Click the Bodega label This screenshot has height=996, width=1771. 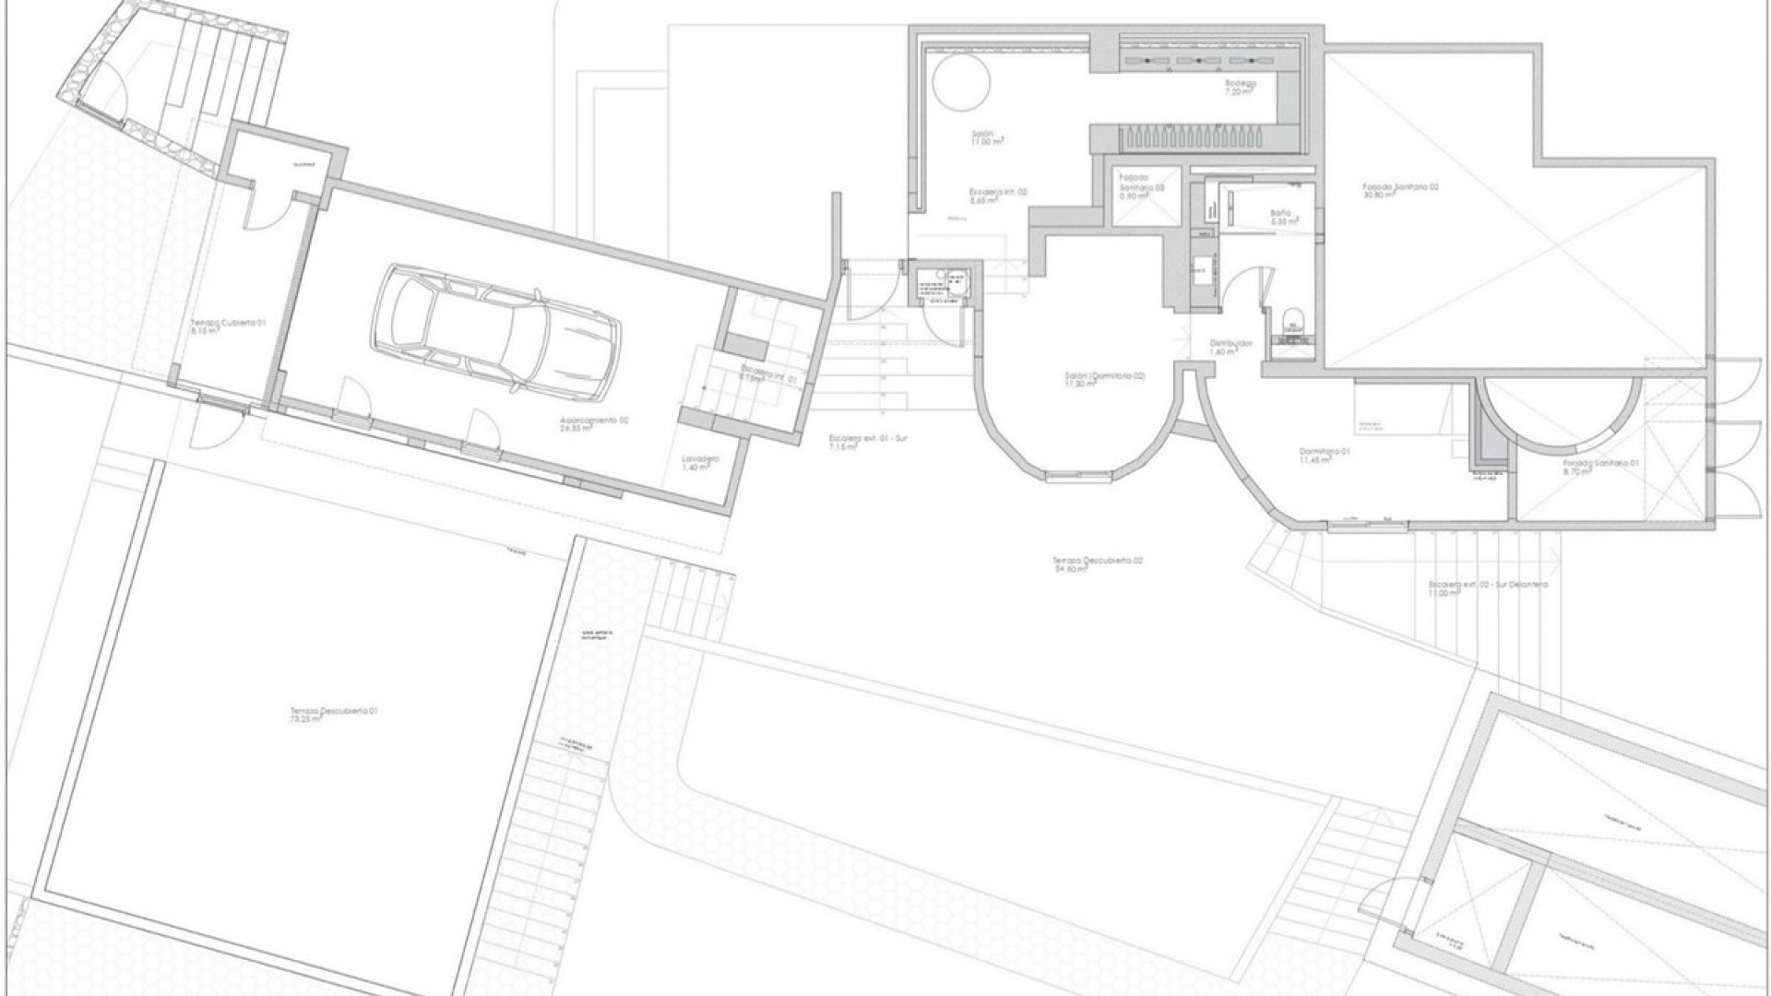(1240, 88)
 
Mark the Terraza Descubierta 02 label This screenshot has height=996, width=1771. (1098, 564)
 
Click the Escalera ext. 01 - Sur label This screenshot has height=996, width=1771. (867, 443)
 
